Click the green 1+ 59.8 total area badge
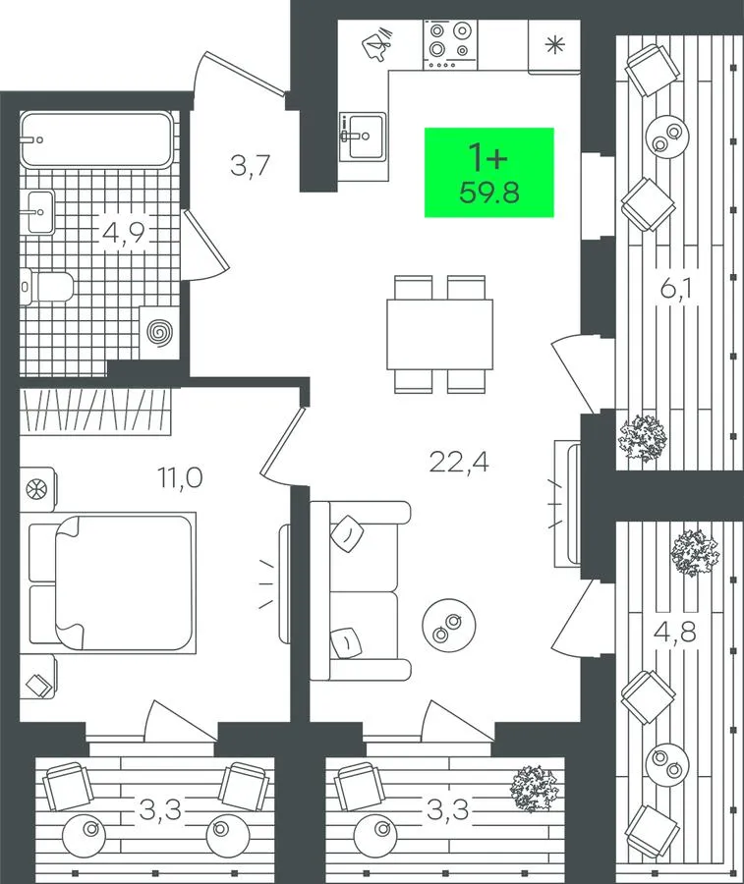coord(489,173)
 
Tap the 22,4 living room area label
coord(459,463)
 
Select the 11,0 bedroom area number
coord(180,478)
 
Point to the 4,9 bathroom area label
coord(124,232)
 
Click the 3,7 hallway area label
coord(252,166)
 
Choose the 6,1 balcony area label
coord(676,291)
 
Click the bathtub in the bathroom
coord(96,139)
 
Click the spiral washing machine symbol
coord(158,332)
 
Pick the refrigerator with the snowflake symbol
coord(554,46)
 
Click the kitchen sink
coord(364,137)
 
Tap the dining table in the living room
coord(440,334)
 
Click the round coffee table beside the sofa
coord(449,626)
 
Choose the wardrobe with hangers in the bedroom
coord(95,412)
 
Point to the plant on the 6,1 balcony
coord(643,438)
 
